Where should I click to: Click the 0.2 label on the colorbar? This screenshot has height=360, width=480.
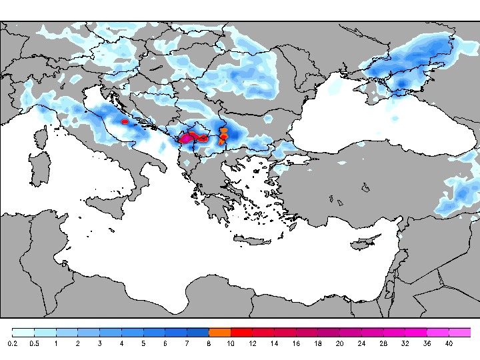pos(13,343)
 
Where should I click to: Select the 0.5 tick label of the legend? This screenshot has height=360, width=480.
pos(34,343)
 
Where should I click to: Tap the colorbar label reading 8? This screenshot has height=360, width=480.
pos(209,343)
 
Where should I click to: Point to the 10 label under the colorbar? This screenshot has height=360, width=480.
pos(231,343)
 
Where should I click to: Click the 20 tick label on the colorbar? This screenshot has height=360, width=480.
pos(339,343)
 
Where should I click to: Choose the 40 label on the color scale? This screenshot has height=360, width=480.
pos(449,343)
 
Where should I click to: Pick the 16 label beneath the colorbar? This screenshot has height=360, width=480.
pos(296,343)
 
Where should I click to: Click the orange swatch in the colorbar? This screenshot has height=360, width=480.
pos(219,332)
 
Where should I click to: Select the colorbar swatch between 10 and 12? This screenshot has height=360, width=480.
pos(241,332)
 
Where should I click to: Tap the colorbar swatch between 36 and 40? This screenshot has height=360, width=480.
pos(437,332)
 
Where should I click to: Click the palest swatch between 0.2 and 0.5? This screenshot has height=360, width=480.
pos(23,332)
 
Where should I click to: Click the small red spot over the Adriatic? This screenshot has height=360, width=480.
pos(125,122)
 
